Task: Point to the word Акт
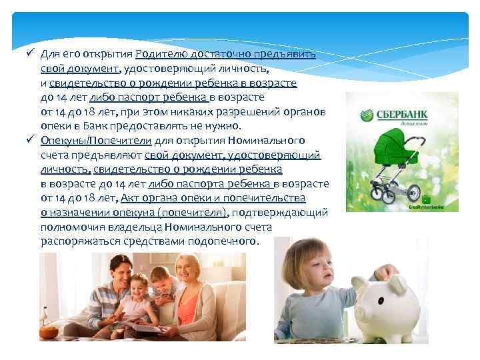[x=131, y=198]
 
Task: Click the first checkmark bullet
[x=30, y=53]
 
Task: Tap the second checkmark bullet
[x=30, y=141]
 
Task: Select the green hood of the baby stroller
[x=389, y=144]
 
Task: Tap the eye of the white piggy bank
[x=386, y=294]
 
